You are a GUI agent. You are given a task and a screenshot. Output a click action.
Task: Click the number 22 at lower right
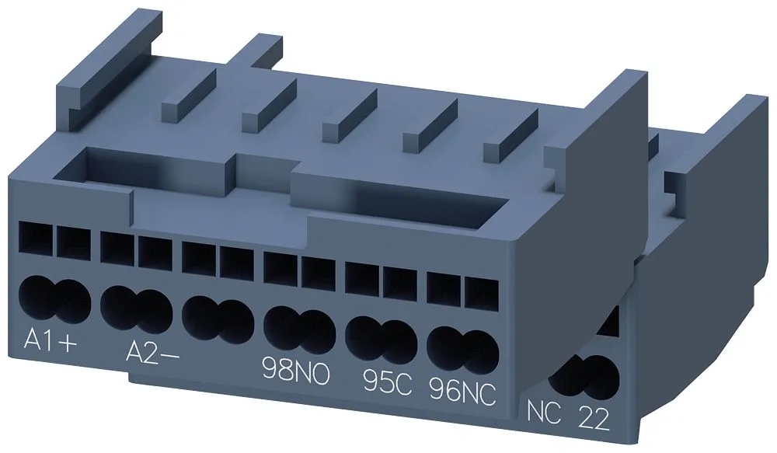[594, 420]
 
